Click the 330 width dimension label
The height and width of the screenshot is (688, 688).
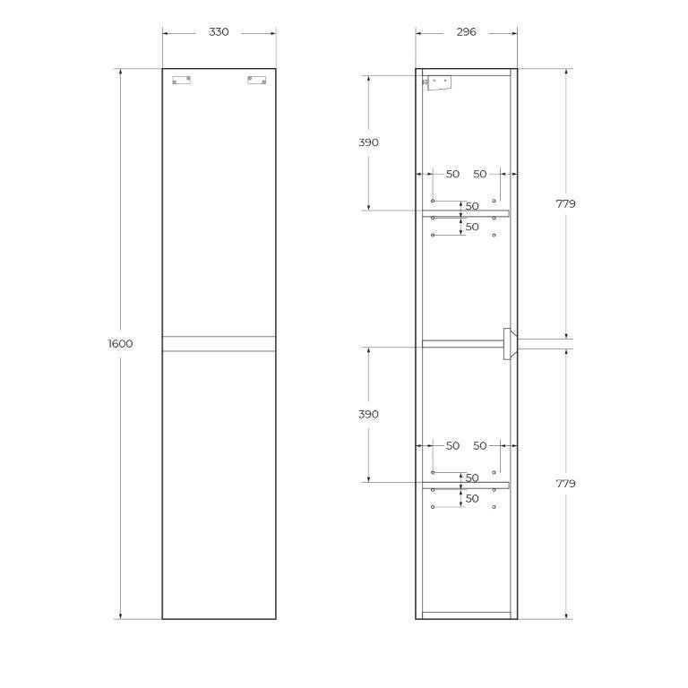click(219, 32)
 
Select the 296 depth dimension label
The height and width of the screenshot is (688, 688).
click(466, 32)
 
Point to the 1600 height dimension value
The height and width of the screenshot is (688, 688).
click(120, 344)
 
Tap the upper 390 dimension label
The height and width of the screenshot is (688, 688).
click(368, 142)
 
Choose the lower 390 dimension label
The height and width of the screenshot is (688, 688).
click(368, 415)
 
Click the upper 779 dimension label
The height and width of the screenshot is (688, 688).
click(565, 204)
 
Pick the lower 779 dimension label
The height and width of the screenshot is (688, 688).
click(565, 484)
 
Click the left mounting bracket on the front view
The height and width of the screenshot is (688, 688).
click(183, 81)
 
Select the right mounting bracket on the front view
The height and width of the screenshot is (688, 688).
click(256, 81)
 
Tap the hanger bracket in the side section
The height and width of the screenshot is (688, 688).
click(438, 82)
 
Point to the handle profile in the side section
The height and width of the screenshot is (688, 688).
click(509, 344)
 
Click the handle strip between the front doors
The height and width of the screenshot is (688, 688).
click(219, 343)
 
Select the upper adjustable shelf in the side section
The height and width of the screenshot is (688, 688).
click(465, 213)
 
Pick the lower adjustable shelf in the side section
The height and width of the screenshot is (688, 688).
click(465, 486)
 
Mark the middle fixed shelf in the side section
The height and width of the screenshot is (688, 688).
click(462, 343)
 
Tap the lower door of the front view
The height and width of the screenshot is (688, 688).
click(219, 484)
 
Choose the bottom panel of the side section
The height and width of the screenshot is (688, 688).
click(466, 615)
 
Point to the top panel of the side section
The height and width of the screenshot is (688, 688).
click(466, 72)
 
